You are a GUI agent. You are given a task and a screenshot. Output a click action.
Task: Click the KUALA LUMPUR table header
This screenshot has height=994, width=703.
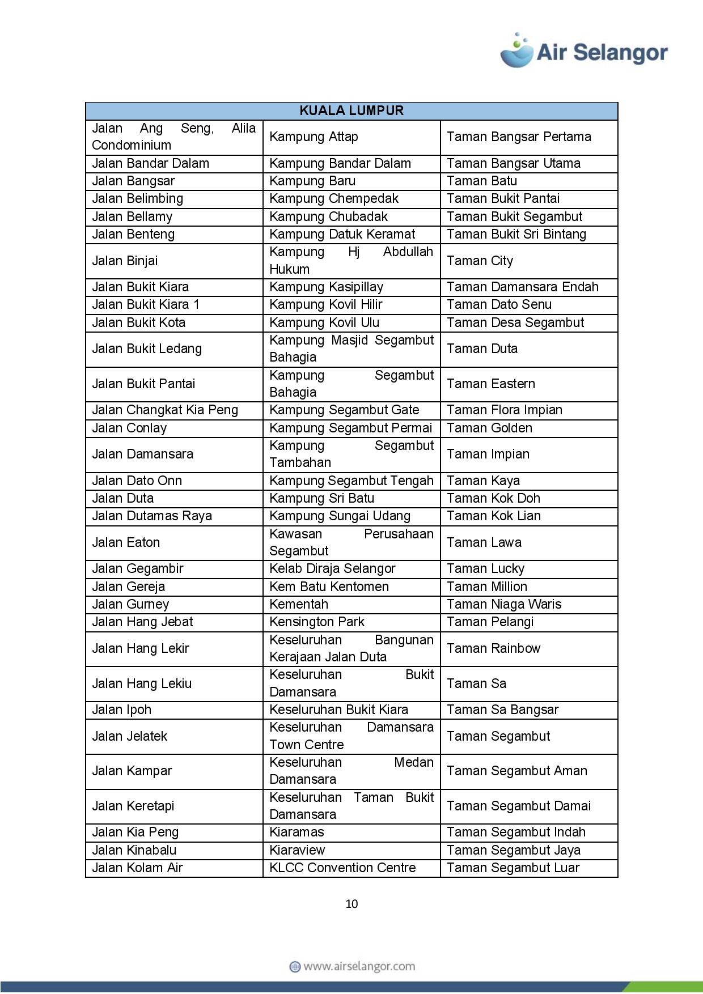click(351, 111)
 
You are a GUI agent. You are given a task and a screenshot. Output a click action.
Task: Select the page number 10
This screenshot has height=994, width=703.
click(351, 904)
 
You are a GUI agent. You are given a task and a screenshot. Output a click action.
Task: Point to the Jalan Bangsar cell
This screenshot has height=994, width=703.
click(133, 181)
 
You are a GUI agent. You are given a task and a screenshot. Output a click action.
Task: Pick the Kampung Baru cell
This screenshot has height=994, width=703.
click(312, 181)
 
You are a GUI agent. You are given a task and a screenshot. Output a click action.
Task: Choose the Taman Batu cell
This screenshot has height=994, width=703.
click(482, 181)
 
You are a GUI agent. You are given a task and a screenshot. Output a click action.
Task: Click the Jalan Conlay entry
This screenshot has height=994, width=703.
click(129, 428)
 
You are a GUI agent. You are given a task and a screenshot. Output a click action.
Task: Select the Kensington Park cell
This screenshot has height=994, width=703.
click(317, 622)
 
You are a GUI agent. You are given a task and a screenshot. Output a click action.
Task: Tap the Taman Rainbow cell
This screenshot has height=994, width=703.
click(493, 648)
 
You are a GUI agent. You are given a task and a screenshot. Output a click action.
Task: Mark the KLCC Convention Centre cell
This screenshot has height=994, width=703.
click(342, 868)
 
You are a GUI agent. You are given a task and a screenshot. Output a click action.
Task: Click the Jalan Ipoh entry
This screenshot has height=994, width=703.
click(121, 710)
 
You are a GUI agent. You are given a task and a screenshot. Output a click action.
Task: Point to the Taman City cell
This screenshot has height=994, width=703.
click(480, 261)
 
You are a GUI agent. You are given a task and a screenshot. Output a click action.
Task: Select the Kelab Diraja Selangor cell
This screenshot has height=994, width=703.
click(332, 568)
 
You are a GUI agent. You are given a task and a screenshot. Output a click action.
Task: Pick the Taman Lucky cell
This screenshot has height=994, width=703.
click(485, 568)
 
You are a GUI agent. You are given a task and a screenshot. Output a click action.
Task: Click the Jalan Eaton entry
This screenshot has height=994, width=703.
click(126, 542)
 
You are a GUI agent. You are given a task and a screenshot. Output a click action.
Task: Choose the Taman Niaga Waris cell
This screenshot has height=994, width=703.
click(504, 604)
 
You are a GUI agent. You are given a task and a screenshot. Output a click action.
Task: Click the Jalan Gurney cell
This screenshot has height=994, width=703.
click(130, 604)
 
